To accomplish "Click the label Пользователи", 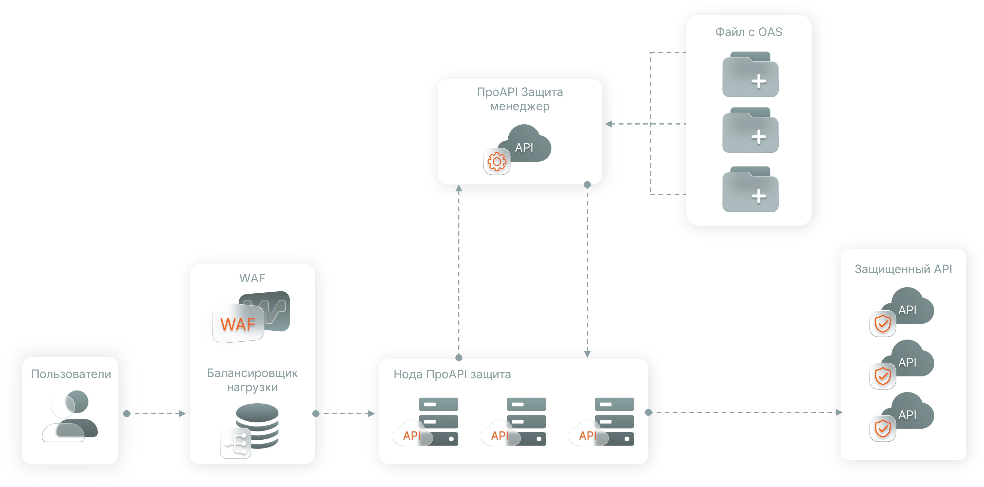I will coord(71,374).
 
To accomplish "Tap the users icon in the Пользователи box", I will coord(71,416).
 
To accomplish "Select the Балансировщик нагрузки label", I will coord(252,380).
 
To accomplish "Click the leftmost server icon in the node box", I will coord(438,421).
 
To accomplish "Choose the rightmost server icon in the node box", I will coord(614,421).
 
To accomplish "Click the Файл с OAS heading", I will coord(749,32).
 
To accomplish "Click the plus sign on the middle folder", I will coord(759,137).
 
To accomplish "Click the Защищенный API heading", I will coord(903,269).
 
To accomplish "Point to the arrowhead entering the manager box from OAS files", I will coord(609,124).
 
